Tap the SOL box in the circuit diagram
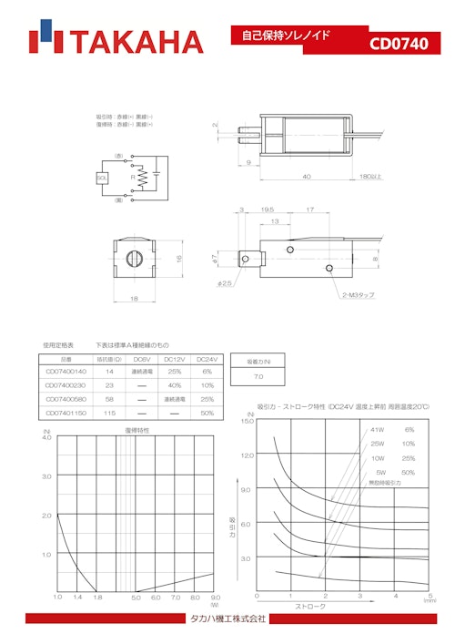pyautogui.click(x=102, y=179)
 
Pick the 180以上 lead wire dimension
pyautogui.click(x=369, y=176)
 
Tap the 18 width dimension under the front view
pyautogui.click(x=135, y=298)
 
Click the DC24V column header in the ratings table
pyautogui.click(x=207, y=359)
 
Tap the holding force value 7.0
pyautogui.click(x=258, y=375)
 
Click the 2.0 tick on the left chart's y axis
pyautogui.click(x=46, y=516)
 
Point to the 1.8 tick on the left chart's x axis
pyautogui.click(x=96, y=598)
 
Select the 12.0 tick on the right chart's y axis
pyautogui.click(x=247, y=455)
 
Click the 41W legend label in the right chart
pyautogui.click(x=378, y=429)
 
